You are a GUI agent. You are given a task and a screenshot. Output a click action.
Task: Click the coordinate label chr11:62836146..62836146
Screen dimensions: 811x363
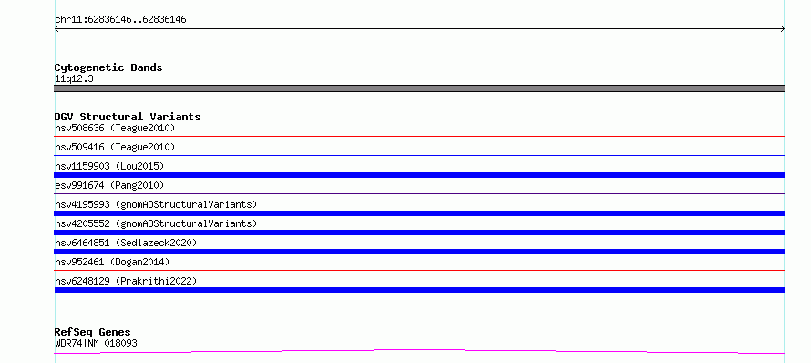[120, 20]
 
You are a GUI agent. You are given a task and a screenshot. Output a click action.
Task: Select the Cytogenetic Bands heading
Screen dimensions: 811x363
[108, 67]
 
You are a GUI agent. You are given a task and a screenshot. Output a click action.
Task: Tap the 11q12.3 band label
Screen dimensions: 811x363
[74, 79]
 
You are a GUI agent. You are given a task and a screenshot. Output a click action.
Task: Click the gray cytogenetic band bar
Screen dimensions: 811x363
[419, 88]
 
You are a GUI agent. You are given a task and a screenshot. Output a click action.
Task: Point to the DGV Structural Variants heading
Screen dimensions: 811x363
[128, 117]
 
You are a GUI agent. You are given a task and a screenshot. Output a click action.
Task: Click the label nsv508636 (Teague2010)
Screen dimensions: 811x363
[115, 128]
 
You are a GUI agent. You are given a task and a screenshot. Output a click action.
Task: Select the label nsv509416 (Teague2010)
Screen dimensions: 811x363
[115, 147]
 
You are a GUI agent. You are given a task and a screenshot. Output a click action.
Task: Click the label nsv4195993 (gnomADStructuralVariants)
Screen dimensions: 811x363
[156, 204]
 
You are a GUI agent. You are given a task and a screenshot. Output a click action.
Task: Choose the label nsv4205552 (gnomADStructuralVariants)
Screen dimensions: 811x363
[156, 223]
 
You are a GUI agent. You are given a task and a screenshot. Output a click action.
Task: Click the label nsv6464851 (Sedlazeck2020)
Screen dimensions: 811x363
[126, 243]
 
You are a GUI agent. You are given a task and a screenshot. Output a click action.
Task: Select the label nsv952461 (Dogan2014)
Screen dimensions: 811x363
[112, 262]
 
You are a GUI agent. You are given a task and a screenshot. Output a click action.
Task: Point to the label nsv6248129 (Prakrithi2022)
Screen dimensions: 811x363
[126, 281]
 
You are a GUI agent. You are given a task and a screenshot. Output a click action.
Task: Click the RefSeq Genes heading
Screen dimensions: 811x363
[93, 332]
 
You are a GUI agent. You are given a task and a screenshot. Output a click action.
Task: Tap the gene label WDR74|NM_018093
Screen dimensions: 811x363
[96, 343]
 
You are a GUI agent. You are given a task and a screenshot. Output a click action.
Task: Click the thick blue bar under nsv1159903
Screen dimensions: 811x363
[419, 175]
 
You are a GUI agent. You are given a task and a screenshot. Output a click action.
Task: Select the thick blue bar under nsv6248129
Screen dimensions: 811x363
[419, 290]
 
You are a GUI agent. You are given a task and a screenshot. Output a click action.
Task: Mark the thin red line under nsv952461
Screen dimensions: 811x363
[419, 270]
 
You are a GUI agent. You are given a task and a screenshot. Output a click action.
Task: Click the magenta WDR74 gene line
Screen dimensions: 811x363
[419, 350]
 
